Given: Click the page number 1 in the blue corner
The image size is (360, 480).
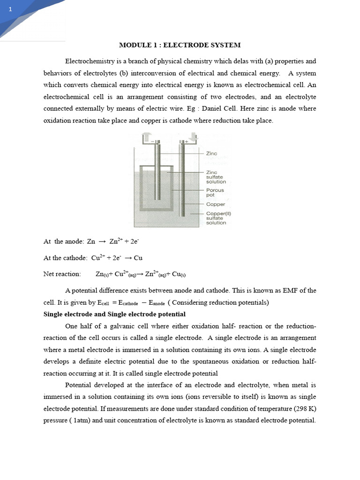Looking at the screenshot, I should (x=9, y=10).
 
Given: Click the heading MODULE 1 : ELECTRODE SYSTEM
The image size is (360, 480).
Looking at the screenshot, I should (x=180, y=45).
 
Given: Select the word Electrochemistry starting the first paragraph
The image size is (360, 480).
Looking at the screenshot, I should (x=89, y=61).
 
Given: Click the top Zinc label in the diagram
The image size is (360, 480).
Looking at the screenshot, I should (x=212, y=153).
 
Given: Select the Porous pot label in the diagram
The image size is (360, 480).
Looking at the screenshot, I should (x=215, y=193).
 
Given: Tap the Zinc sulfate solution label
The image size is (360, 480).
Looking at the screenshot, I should (x=216, y=177).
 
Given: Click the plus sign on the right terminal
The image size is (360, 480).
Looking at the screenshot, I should (x=186, y=140).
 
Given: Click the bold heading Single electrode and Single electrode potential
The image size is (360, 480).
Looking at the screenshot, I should (x=114, y=314).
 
